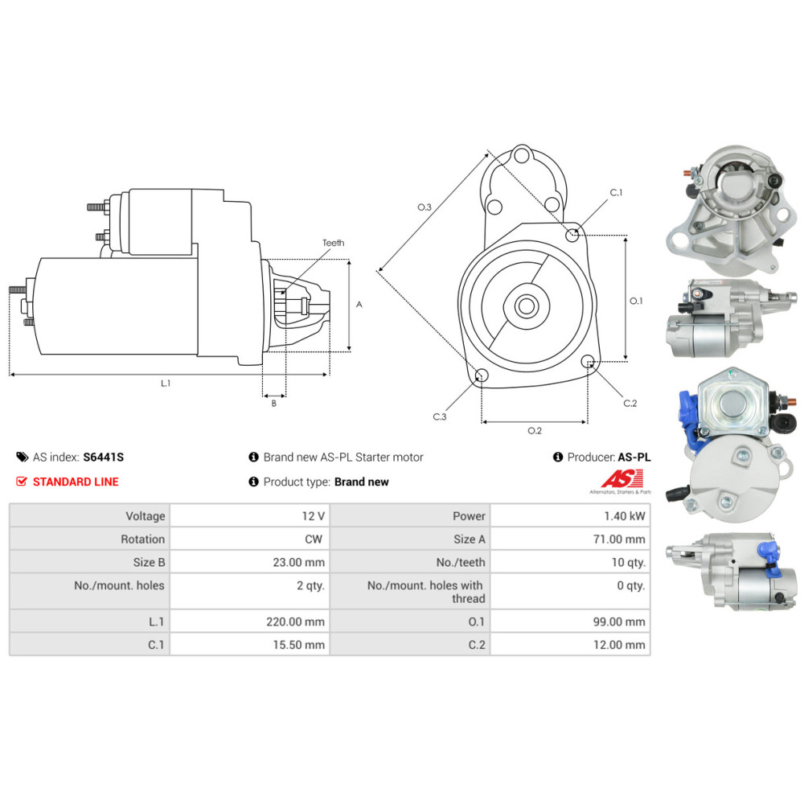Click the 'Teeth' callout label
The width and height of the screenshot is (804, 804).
333,243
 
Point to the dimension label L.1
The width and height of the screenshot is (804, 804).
166,384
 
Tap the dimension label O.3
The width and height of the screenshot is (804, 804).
425,207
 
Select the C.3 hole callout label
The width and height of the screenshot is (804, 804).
440,416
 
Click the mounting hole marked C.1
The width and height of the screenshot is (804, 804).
572,236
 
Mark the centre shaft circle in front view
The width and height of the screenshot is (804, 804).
527,306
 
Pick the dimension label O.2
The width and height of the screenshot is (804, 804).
534,431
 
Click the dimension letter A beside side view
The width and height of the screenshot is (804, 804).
359,305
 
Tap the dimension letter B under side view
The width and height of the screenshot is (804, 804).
273,404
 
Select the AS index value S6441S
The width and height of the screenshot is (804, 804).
104,457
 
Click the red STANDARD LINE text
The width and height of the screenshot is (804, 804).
75,482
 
